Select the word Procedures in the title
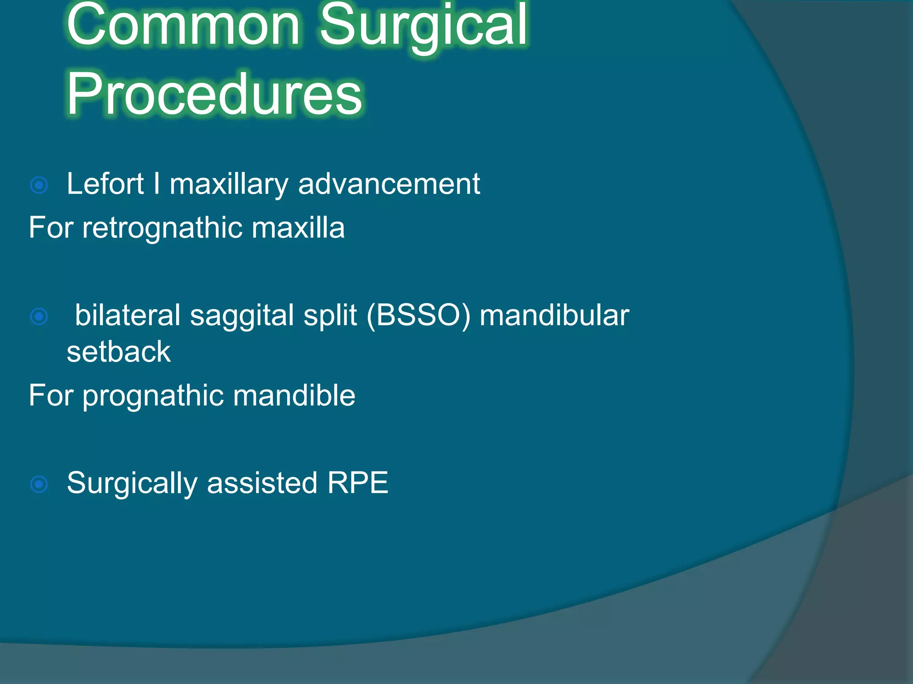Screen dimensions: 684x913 point(214,94)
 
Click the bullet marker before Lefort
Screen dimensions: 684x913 point(39,185)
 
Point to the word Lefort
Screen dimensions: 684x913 point(105,183)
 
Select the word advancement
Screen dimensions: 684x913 point(389,183)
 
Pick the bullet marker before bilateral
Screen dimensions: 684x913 point(39,317)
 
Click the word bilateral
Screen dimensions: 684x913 point(127,315)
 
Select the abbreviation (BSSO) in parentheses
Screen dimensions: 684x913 point(418,315)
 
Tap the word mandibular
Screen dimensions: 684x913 point(554,315)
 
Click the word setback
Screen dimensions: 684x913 point(119,352)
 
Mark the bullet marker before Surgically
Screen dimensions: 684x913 point(39,484)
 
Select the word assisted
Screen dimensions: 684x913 point(262,483)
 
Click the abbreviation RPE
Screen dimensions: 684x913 point(358,483)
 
